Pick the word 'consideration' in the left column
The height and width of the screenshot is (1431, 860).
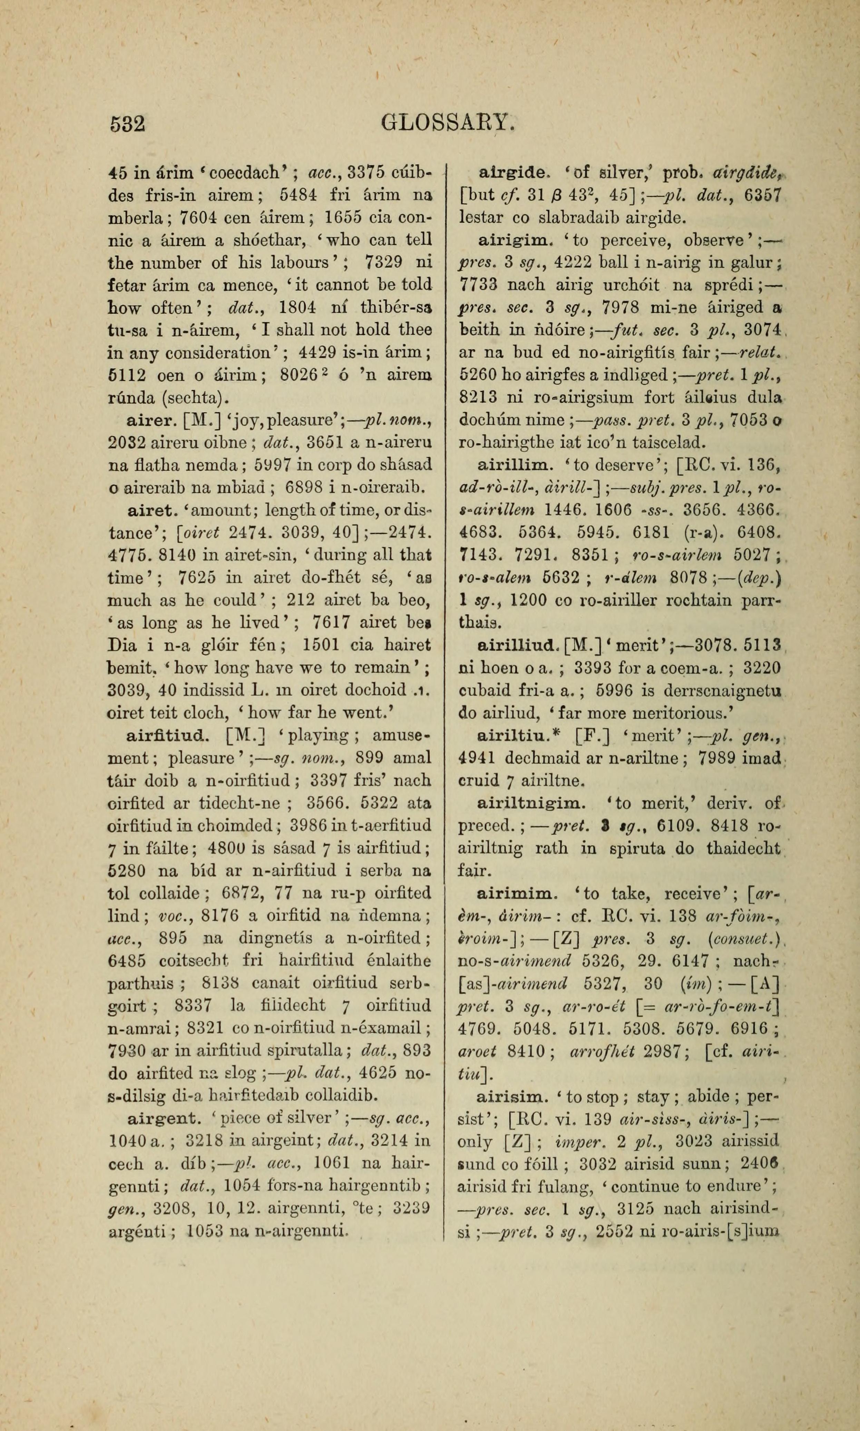216,353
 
